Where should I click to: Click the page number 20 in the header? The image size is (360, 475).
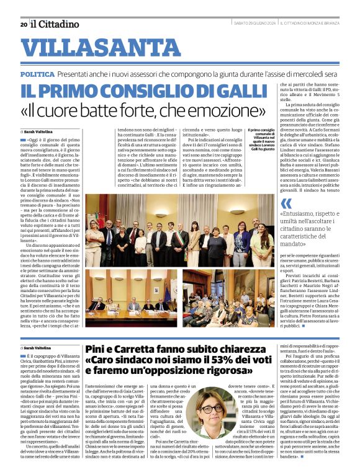coord(23,25)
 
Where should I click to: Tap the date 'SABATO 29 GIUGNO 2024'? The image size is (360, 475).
coord(254,24)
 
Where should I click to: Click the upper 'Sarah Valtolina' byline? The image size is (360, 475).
coord(39,131)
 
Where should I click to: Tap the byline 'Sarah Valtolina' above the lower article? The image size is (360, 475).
coord(39,348)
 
